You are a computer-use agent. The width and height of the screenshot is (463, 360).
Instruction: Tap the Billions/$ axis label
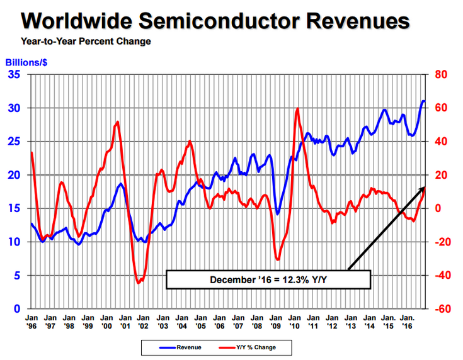coord(27,62)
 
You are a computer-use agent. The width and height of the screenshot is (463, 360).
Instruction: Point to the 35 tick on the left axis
coord(14,75)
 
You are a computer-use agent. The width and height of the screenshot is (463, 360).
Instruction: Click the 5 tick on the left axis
coord(18,276)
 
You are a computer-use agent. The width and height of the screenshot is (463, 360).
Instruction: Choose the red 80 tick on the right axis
coord(441,75)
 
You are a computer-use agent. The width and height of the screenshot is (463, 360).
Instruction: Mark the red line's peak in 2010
coord(297,109)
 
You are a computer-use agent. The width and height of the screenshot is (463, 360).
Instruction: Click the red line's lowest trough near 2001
coord(139,283)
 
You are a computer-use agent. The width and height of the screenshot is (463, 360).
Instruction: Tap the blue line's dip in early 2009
coord(277,215)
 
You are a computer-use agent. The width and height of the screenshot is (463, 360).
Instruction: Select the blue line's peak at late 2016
coord(423,101)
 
